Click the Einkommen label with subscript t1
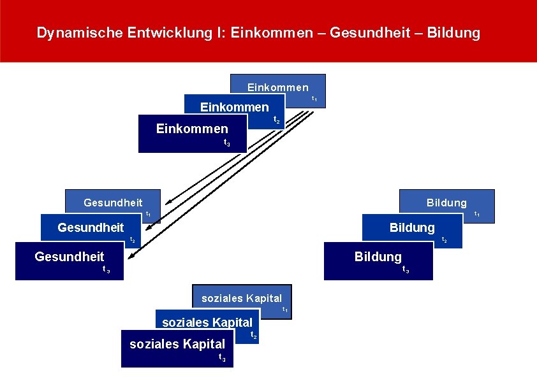(x=277, y=87)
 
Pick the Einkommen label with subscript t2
(x=234, y=107)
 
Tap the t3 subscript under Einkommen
(x=227, y=143)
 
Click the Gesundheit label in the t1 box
(x=113, y=203)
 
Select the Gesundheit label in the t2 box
(x=91, y=227)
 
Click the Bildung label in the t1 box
(x=446, y=203)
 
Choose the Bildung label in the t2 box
(x=412, y=227)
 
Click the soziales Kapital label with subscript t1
(x=242, y=298)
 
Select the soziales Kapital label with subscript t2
(x=207, y=322)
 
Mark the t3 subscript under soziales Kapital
(x=222, y=357)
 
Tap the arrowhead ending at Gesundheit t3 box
(x=131, y=257)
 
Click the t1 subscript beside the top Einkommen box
(x=314, y=99)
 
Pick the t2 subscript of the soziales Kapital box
(x=253, y=335)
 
